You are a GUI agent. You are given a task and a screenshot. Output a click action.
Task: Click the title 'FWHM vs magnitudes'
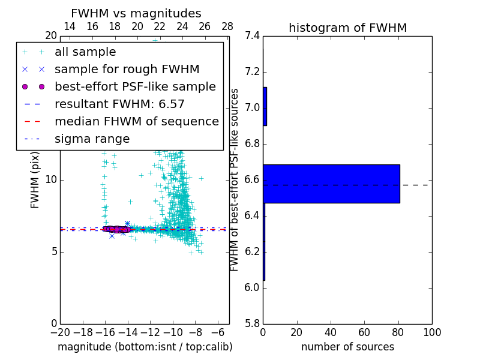point(136,13)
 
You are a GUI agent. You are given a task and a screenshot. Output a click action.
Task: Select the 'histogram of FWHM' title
point(347,28)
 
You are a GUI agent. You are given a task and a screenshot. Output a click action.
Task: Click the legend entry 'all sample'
point(85,52)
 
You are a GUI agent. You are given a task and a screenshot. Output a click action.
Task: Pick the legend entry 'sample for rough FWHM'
point(127,69)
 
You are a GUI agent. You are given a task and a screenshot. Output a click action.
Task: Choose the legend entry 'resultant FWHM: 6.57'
point(119,104)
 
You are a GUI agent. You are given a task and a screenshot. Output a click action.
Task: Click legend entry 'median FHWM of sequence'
point(136,121)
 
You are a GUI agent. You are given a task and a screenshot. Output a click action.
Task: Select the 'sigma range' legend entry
point(92,139)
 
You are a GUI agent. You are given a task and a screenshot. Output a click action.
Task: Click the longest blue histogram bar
point(331,184)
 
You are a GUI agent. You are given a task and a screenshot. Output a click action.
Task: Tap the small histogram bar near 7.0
point(265,106)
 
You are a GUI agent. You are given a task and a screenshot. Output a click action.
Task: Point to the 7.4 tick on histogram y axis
point(252,36)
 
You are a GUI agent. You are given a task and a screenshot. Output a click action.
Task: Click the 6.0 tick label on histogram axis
point(252,288)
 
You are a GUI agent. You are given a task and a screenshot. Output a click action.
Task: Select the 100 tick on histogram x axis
point(431,332)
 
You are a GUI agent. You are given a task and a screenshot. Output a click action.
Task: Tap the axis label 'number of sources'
point(347,347)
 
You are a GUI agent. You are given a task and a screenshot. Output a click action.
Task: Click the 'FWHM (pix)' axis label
point(35,180)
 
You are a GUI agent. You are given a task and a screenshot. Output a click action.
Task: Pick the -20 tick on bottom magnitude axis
point(60,332)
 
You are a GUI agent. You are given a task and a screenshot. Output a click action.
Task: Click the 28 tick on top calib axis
point(227,26)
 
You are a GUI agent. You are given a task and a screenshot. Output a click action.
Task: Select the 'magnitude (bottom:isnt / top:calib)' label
point(145,347)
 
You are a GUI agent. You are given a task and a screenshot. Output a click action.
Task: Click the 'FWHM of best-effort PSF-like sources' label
point(235,180)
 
